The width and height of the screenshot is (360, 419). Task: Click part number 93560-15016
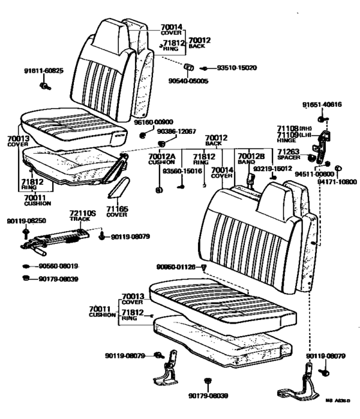tap(182, 172)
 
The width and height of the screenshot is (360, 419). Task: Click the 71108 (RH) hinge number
tap(293, 129)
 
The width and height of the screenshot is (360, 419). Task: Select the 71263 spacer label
tap(290, 153)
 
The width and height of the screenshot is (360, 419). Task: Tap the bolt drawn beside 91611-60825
tap(45, 84)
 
